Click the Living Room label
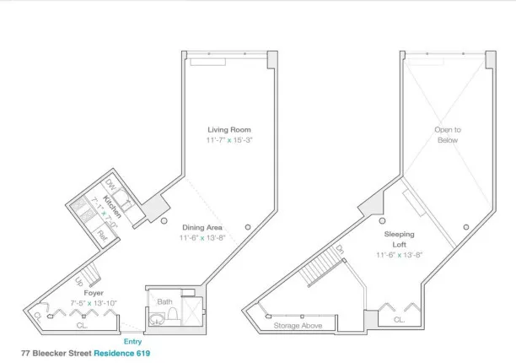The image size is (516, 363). pyautogui.click(x=229, y=129)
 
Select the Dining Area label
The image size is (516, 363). pyautogui.click(x=202, y=227)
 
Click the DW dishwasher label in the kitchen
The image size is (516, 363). pyautogui.click(x=110, y=187)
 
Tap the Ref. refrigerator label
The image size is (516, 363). pyautogui.click(x=101, y=234)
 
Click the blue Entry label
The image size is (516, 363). pyautogui.click(x=133, y=340)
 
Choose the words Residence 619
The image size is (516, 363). pyautogui.click(x=122, y=353)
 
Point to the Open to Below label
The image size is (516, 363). pyautogui.click(x=447, y=134)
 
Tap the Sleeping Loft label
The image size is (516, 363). pyautogui.click(x=399, y=236)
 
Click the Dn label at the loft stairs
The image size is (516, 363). pyautogui.click(x=340, y=250)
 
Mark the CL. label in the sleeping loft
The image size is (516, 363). pyautogui.click(x=399, y=320)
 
